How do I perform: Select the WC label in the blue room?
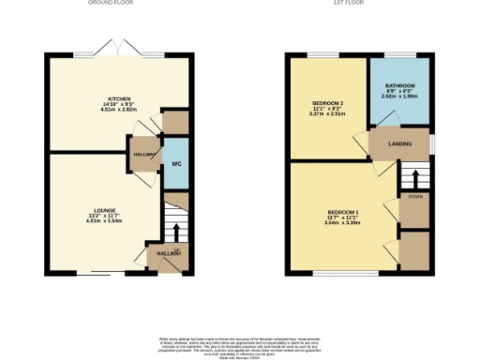point(175,165)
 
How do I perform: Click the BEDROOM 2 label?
point(327,101)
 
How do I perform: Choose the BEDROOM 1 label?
point(342,212)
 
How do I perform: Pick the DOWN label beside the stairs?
point(413,197)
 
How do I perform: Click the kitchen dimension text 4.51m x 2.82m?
point(118,109)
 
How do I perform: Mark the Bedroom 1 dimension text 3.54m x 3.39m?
point(342,223)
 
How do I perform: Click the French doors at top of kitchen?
point(125,48)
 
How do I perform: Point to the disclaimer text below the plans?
point(240,341)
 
